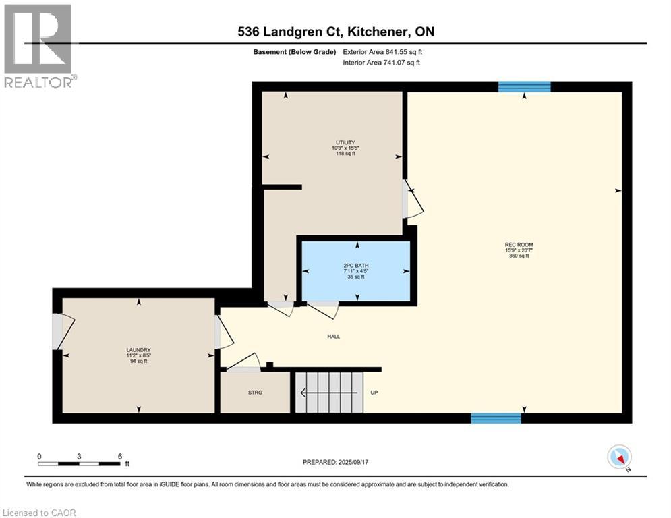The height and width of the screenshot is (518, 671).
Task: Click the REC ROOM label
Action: click(519, 245)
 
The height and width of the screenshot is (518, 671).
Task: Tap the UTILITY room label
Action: click(345, 142)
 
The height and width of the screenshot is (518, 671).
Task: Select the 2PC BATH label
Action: click(355, 266)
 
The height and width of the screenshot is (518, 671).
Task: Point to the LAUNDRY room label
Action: click(138, 350)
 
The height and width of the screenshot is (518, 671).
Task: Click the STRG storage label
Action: click(255, 392)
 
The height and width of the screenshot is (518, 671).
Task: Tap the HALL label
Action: click(333, 337)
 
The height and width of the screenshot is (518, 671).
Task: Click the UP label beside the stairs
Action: click(374, 392)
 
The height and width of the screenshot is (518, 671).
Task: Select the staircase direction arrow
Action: click(329, 392)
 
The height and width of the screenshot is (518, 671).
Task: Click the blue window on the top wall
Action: click(524, 87)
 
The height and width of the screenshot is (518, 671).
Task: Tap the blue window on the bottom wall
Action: click(496, 418)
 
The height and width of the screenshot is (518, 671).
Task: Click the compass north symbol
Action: click(619, 457)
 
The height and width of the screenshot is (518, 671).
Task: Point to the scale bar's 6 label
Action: click(120, 457)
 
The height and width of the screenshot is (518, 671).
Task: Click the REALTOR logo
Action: click(38, 46)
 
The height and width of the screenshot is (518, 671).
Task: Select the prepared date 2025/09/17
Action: click(353, 462)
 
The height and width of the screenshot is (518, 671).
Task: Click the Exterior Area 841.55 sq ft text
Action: click(382, 52)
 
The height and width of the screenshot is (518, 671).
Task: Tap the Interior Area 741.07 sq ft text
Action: click(381, 63)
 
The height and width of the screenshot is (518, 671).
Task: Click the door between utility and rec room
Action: click(413, 199)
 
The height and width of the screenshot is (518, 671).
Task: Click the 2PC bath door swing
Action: click(322, 310)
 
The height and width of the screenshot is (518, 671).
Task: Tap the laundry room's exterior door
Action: click(63, 332)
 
